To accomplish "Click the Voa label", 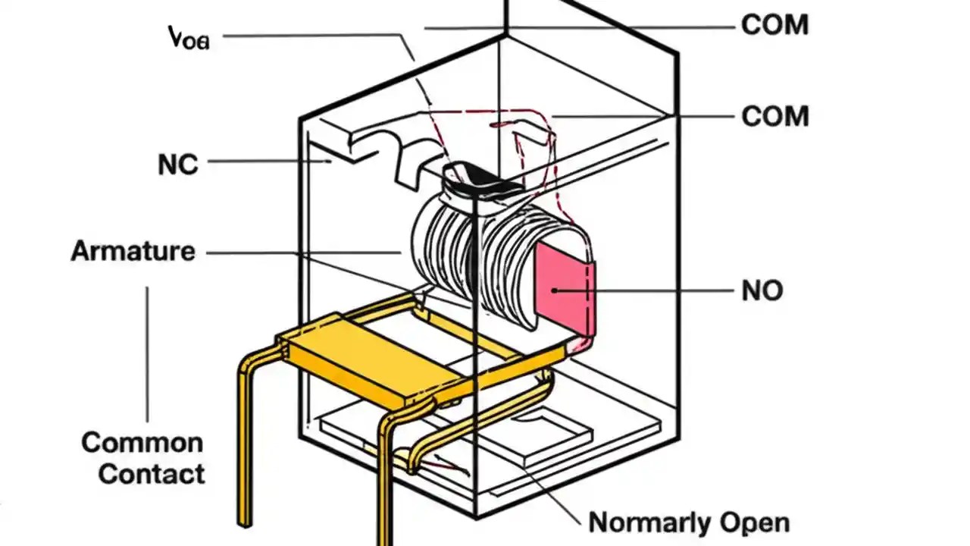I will (x=188, y=38).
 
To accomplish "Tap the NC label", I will (x=178, y=165).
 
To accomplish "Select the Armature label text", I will (x=133, y=251).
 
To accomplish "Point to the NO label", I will (x=762, y=290).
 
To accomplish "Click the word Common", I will (x=142, y=443).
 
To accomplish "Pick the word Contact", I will (x=152, y=475).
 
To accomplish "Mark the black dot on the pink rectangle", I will (x=555, y=290).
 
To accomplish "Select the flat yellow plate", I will (x=356, y=362).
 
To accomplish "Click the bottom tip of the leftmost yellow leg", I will (x=244, y=522).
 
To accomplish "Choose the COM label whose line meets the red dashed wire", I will (x=774, y=117).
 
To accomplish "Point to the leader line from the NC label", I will (x=265, y=162).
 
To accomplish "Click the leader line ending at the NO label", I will (x=652, y=290).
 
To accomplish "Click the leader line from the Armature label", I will (x=303, y=252).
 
